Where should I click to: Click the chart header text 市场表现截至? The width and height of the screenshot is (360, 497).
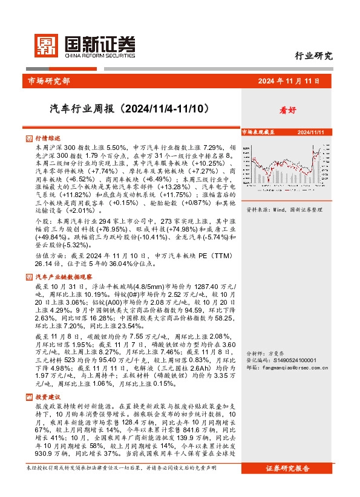point(258,131)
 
